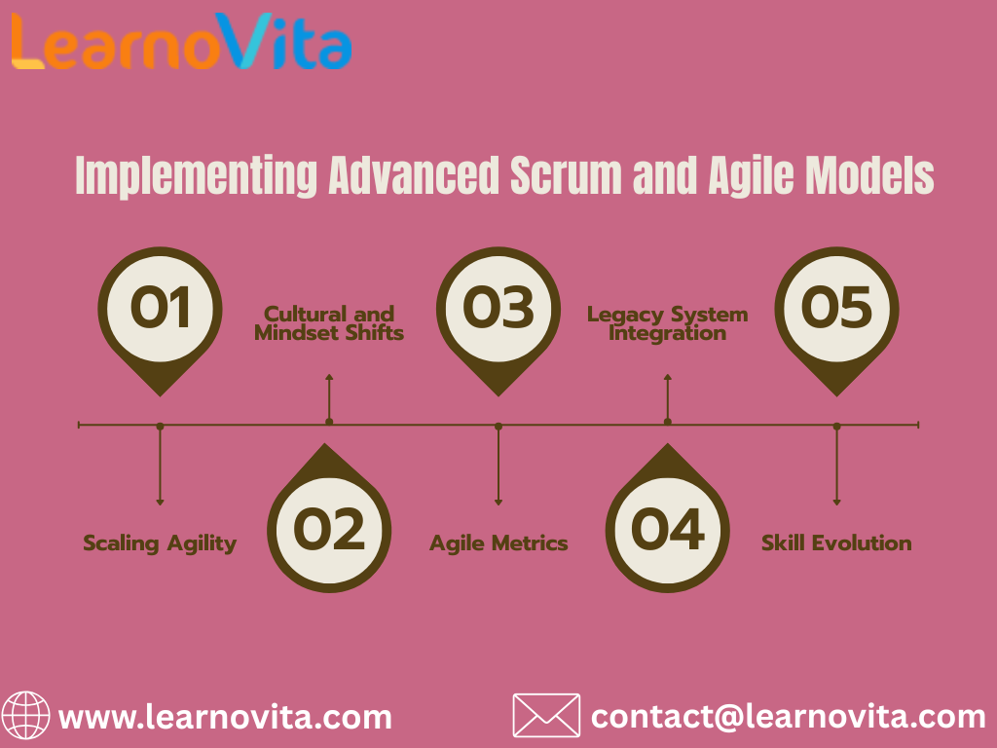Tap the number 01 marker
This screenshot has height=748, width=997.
coord(160,308)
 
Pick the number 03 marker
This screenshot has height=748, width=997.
coord(498,308)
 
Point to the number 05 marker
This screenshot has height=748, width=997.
coord(836,308)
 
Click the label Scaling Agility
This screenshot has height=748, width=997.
coord(160,543)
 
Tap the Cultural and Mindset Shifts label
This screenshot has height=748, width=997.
coord(329,323)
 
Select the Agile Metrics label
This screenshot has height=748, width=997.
coord(498,543)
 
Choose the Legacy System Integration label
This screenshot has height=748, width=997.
coord(668,323)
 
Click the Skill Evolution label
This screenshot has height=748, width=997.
coord(836,543)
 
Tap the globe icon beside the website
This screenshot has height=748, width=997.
coord(25,717)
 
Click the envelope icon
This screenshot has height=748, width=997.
coord(546,716)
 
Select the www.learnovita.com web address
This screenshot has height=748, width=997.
coord(225,718)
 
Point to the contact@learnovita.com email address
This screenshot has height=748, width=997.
coord(788,718)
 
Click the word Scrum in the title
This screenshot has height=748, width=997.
coord(557,176)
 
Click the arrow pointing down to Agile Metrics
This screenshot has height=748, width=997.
coord(498,467)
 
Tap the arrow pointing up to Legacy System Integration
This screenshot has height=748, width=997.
coord(668,394)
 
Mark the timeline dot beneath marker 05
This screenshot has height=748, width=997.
coord(836,426)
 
